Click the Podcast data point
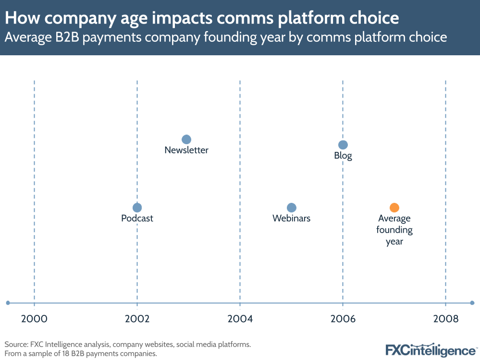(137, 208)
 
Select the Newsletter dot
(186, 139)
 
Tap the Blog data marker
(343, 145)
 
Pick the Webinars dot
(291, 208)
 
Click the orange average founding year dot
(394, 208)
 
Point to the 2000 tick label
(34, 318)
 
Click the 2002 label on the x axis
(137, 318)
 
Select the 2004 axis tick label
(240, 318)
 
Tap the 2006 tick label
(343, 318)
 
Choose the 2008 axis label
(445, 318)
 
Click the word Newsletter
(186, 150)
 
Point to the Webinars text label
(291, 218)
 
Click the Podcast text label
(137, 218)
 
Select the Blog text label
(343, 156)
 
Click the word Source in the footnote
(15, 345)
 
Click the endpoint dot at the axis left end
(8, 303)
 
